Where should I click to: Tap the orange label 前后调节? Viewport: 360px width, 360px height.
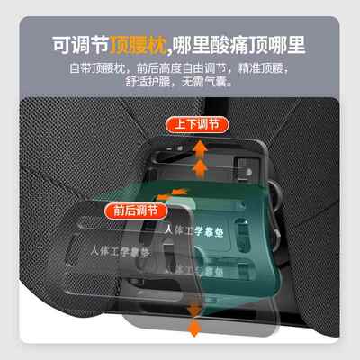click(x=135, y=211)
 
